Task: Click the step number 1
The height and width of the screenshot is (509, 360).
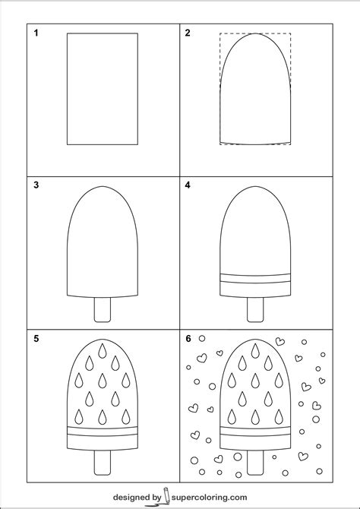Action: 36,33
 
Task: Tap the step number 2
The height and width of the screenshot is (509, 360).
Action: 188,33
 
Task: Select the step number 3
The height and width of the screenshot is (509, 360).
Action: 36,185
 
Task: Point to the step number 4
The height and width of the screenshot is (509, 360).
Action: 188,185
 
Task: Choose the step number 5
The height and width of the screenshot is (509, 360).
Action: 36,339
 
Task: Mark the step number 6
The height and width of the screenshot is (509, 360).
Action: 188,339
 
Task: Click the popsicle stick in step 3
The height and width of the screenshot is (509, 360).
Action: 103,310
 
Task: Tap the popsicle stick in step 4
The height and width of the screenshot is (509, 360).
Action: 255,310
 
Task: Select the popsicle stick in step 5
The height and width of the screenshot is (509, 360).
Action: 103,463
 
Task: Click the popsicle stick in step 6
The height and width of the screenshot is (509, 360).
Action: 255,463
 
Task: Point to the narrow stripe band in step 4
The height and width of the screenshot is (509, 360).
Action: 255,279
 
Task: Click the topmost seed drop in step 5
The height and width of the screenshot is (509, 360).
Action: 103,351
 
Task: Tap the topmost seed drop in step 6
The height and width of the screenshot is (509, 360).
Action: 255,351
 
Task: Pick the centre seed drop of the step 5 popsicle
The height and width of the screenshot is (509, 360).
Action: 103,381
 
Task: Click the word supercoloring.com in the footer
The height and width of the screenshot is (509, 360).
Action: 209,498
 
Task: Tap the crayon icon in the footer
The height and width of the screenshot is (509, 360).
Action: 165,497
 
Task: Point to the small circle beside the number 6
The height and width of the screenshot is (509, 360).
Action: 202,338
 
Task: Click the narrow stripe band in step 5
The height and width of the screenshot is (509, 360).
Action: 103,432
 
